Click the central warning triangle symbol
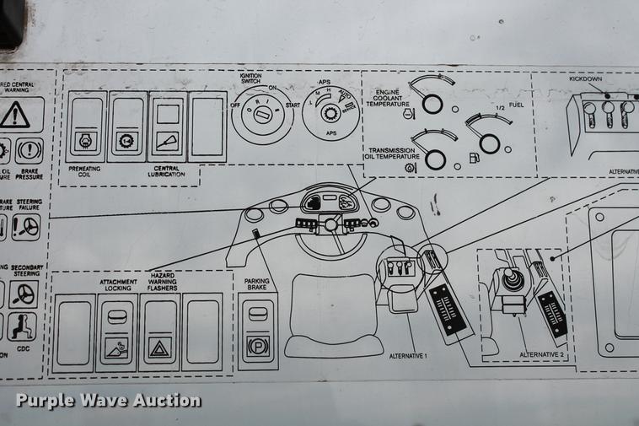coord(14,115)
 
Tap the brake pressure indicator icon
coord(29,151)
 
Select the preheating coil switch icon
coord(84,141)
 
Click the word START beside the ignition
coord(293,105)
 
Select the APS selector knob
coord(331,113)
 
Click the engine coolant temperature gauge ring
coord(432,104)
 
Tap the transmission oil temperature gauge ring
coord(435,159)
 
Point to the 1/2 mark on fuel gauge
coord(499,107)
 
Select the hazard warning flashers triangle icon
coord(158,347)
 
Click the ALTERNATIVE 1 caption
coord(408,356)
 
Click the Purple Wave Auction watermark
coord(108,400)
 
